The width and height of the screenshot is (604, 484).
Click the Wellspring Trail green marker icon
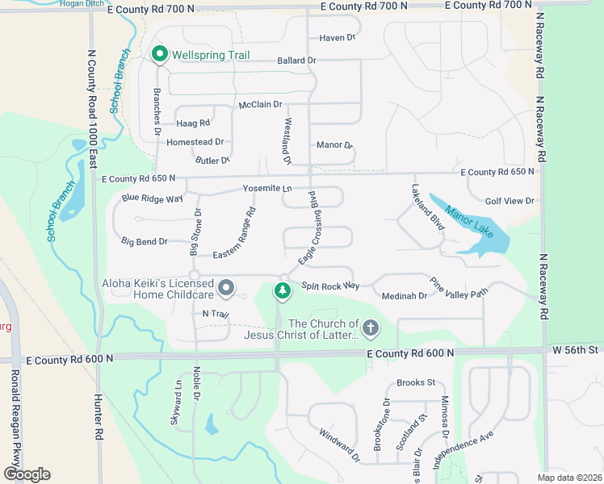(x=158, y=55)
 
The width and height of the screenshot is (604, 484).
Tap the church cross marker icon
(x=371, y=328)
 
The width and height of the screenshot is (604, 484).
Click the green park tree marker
(x=282, y=290)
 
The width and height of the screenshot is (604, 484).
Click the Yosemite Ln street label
(x=267, y=188)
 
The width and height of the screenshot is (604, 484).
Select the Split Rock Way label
(x=330, y=286)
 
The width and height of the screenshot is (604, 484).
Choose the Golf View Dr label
(x=510, y=201)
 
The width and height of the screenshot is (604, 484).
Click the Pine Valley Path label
(x=459, y=288)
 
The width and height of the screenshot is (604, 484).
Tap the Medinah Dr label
(x=405, y=296)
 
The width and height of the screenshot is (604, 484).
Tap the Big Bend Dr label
(x=145, y=241)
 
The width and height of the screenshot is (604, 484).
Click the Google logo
(x=27, y=474)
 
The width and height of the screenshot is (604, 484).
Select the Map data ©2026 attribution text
(x=570, y=478)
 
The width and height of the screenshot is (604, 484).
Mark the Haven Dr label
(x=337, y=38)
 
